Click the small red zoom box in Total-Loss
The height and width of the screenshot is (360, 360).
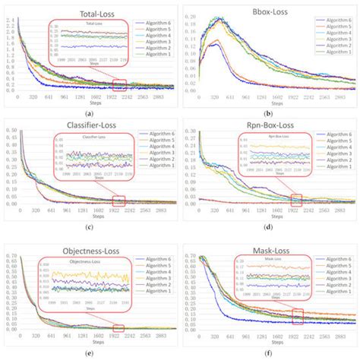[119, 84]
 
